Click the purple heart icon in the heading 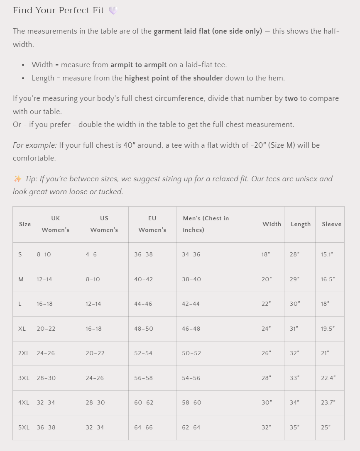[113, 10]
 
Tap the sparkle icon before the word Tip [17, 179]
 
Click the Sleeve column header [331, 224]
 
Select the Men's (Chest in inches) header [206, 224]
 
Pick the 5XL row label [24, 427]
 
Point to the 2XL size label [24, 353]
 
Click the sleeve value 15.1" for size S [327, 254]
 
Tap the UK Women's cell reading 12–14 [44, 279]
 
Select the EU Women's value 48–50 [144, 329]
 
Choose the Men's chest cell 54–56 [191, 378]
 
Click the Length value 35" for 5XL [295, 427]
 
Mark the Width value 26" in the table [266, 353]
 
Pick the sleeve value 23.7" [328, 402]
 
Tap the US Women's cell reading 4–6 [91, 254]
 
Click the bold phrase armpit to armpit [139, 65]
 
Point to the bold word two [291, 99]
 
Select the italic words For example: [35, 145]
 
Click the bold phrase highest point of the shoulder [174, 78]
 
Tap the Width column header [272, 224]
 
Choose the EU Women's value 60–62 [144, 402]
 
